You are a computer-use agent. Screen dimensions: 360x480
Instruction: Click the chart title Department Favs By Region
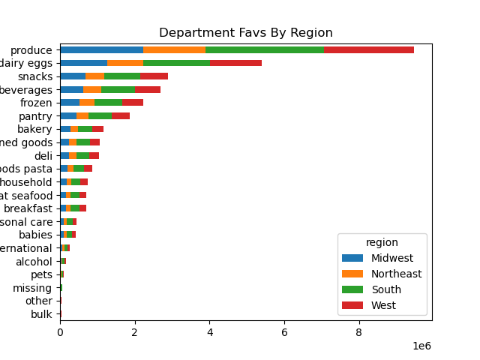click(245, 33)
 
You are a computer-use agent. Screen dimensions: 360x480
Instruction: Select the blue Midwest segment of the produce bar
click(101, 49)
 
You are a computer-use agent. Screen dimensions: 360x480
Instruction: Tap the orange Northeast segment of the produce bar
click(174, 49)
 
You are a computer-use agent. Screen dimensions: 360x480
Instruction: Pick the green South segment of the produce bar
click(264, 49)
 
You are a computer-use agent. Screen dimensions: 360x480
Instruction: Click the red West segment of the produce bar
click(368, 49)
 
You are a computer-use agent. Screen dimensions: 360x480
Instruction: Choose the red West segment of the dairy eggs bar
click(235, 63)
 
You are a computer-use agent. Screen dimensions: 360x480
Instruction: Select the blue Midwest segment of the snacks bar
click(73, 76)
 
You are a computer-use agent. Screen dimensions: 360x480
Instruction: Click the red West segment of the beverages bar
click(148, 89)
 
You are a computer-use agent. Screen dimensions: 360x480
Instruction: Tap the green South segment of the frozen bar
click(108, 103)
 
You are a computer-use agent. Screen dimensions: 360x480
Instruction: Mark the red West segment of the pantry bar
click(121, 115)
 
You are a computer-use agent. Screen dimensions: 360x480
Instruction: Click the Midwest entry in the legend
click(391, 258)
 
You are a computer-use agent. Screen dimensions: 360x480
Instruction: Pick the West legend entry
click(383, 305)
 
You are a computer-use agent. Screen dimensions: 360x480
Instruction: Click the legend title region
click(382, 242)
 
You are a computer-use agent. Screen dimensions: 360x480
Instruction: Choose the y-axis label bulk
click(41, 314)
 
